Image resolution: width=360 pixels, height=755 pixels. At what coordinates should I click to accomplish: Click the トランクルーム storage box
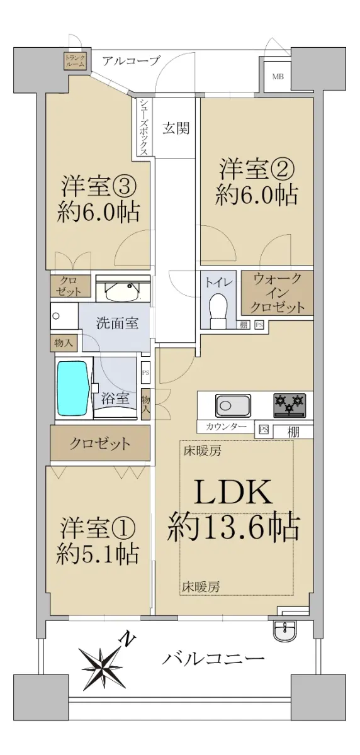click(x=75, y=60)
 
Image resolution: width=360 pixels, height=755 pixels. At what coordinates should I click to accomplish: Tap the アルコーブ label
click(x=130, y=60)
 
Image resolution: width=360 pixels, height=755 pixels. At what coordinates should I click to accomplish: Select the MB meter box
click(x=278, y=77)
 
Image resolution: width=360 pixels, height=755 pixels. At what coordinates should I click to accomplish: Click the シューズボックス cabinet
click(x=144, y=126)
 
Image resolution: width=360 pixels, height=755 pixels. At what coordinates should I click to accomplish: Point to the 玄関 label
click(x=176, y=128)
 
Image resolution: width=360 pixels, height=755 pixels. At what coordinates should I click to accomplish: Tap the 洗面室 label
click(x=117, y=323)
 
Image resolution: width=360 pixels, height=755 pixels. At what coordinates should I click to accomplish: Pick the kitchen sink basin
click(x=233, y=405)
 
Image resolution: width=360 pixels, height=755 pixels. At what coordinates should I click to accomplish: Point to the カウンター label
click(x=225, y=427)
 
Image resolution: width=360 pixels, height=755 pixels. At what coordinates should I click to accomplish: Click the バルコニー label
click(x=213, y=658)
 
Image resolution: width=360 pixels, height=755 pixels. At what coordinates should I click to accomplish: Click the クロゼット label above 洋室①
click(x=100, y=443)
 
